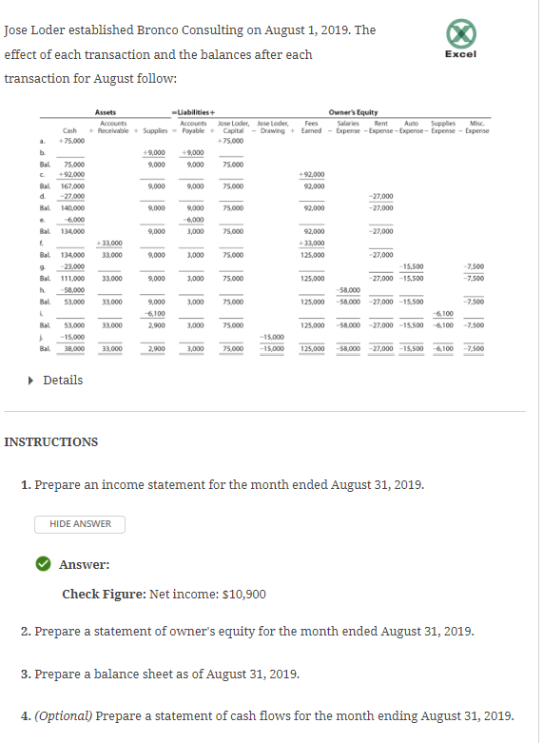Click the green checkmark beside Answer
[44, 564]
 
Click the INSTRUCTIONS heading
[51, 442]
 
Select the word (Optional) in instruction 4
[64, 715]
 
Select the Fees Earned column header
[312, 127]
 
